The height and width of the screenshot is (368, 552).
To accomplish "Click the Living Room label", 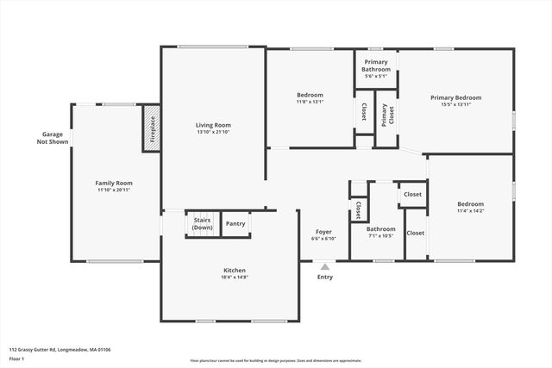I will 213,125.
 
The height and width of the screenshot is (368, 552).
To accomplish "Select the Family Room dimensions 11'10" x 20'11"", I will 114,190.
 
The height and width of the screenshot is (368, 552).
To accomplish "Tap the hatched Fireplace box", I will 152,128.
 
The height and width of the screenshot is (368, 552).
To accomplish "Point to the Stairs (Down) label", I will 203,223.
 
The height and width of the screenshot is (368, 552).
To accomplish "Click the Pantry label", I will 235,223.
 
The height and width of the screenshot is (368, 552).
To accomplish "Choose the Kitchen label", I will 235,270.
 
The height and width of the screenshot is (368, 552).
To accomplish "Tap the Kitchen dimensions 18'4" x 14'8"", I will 235,277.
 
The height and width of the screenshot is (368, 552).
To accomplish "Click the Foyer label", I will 323,232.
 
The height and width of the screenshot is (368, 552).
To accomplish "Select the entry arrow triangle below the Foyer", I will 324,267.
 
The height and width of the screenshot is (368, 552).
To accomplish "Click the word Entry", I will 324,277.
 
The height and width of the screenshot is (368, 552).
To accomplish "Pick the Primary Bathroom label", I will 377,65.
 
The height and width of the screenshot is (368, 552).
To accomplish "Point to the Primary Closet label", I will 385,115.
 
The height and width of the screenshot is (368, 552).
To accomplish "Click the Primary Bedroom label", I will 455,97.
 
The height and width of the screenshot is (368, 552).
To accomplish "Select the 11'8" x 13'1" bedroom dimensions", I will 310,102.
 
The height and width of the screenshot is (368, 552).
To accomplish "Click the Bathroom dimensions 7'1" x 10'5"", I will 380,235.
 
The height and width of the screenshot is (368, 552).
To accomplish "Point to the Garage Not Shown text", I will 53,138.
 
